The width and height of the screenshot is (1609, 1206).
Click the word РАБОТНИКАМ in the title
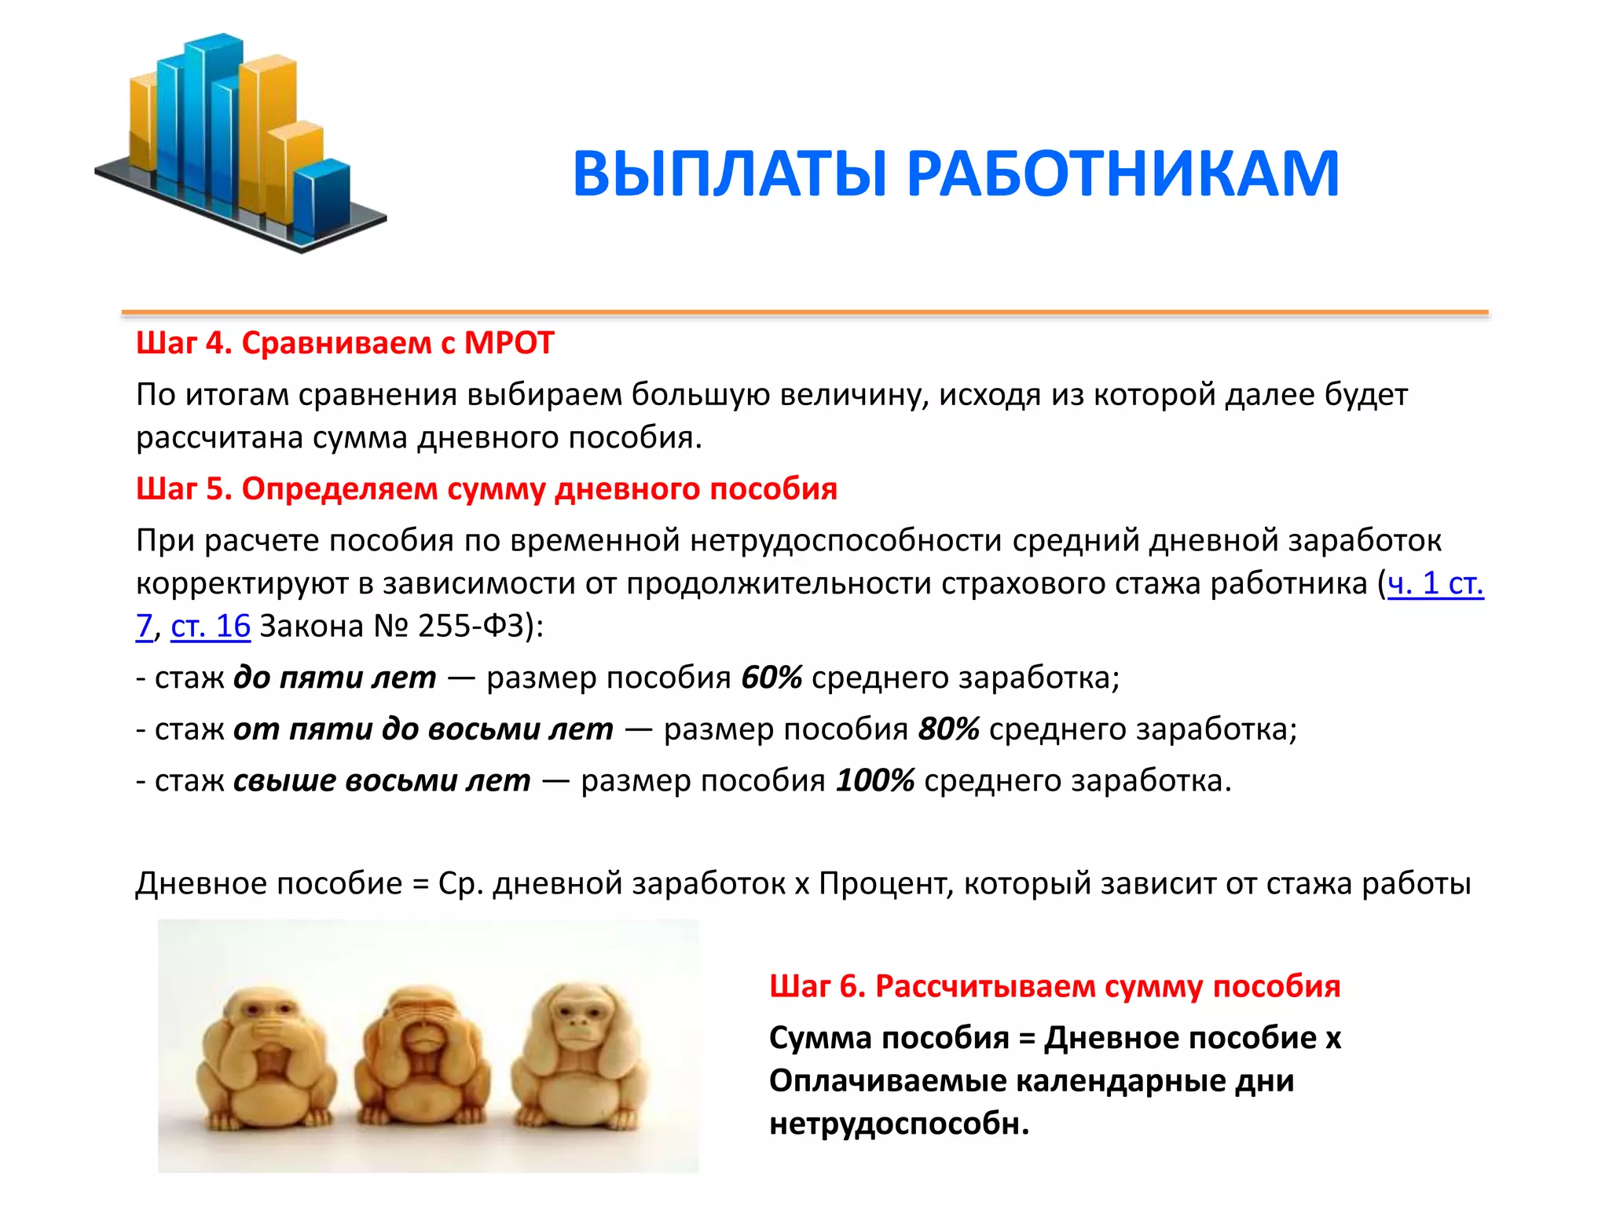1123,174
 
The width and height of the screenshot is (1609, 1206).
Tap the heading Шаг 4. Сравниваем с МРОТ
345,343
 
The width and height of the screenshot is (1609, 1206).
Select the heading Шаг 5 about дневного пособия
486,489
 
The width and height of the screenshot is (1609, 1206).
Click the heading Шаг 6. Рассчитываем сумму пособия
1054,986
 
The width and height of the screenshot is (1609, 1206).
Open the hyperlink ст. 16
211,626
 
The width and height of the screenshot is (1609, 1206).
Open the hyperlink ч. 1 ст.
1435,583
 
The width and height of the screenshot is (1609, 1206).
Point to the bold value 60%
771,678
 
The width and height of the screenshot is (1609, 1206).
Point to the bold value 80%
948,729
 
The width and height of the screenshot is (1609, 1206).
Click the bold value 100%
874,780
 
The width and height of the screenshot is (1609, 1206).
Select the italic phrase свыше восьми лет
382,780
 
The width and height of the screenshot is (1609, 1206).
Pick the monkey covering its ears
580,1052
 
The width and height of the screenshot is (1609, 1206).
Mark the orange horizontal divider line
804,312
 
